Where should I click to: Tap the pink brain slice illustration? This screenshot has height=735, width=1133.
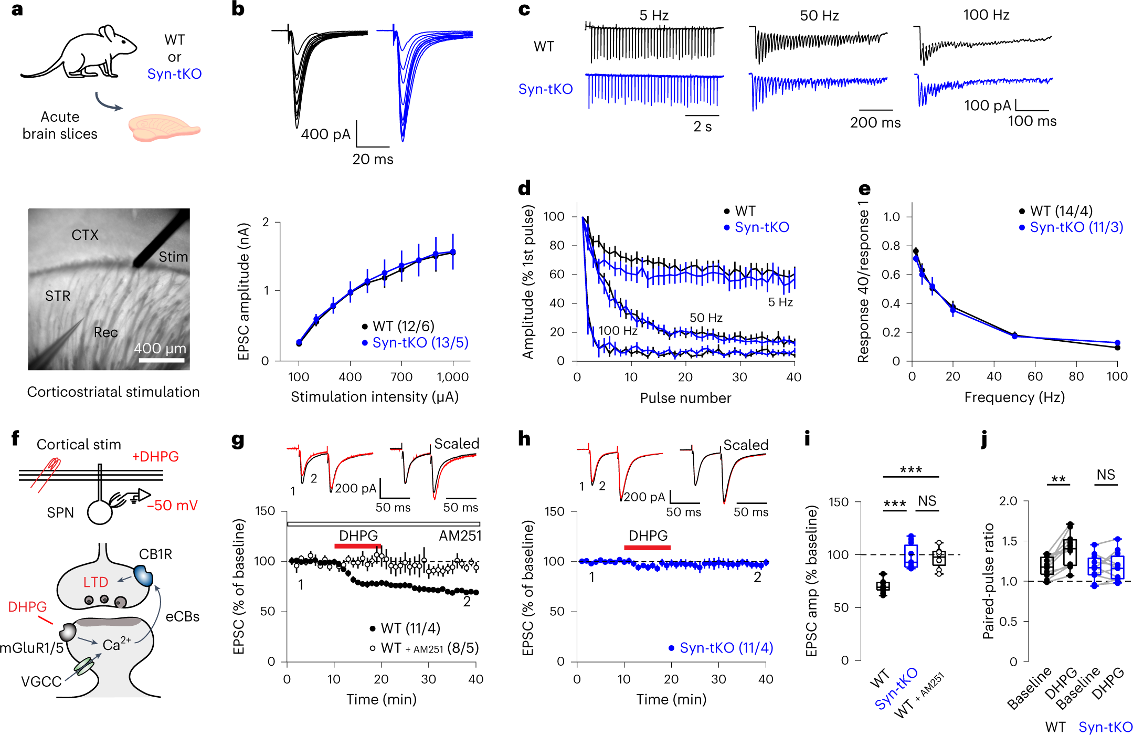[x=163, y=128]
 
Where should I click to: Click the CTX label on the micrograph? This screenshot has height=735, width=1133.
[x=85, y=235]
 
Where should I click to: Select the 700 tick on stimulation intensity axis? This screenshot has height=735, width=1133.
[x=401, y=377]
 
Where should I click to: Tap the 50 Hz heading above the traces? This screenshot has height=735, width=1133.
[x=819, y=16]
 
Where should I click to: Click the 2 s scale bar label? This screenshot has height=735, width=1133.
[x=703, y=127]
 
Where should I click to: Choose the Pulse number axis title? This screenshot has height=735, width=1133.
[x=685, y=398]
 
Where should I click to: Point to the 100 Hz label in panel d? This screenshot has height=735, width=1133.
[x=618, y=331]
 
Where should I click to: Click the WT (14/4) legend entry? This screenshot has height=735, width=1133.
[x=1061, y=211]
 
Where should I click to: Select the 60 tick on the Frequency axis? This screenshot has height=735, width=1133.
[x=1035, y=376]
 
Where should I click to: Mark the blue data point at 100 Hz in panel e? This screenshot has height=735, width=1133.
[x=1117, y=343]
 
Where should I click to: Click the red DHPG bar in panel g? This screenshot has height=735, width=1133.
[x=358, y=546]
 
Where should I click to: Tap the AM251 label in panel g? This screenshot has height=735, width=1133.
[x=460, y=536]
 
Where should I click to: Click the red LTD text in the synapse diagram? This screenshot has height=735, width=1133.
[x=96, y=582]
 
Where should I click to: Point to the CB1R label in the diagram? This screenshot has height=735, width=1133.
[x=155, y=554]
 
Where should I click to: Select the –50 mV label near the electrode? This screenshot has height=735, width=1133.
[x=173, y=506]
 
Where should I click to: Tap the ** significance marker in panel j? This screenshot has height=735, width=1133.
[x=1058, y=479]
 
